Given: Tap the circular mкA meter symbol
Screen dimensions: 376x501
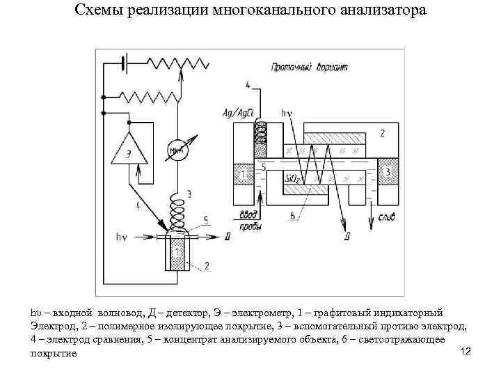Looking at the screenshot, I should pos(176,150).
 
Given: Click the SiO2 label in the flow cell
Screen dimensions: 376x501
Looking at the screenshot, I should pos(294,180).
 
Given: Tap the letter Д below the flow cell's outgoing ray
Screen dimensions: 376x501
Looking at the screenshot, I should pos(346,236).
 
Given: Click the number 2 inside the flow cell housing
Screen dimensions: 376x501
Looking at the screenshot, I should pos(381,132).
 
